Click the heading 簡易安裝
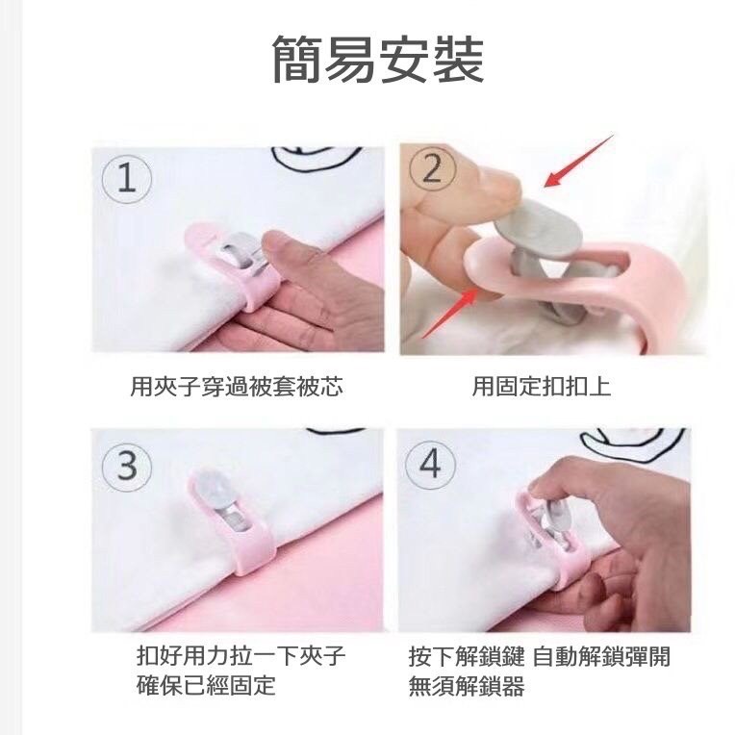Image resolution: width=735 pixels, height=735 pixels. [378, 60]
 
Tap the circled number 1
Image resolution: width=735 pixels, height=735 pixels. [127, 179]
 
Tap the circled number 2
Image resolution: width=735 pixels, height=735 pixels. [432, 167]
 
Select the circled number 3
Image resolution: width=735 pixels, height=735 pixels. [127, 467]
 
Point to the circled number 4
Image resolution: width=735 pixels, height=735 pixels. [430, 465]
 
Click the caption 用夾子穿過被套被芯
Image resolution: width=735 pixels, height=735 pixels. [237, 387]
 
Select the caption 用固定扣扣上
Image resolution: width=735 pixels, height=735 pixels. [542, 387]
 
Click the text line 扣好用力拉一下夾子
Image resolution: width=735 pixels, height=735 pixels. [241, 655]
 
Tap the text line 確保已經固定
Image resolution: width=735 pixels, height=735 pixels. [206, 685]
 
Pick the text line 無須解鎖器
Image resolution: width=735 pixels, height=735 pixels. [467, 686]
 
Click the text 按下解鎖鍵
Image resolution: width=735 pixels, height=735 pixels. [467, 656]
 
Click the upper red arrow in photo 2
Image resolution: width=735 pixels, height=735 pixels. [578, 161]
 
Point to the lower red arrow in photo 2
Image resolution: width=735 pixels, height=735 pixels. [450, 313]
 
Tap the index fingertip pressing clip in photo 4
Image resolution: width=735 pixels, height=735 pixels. [544, 488]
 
